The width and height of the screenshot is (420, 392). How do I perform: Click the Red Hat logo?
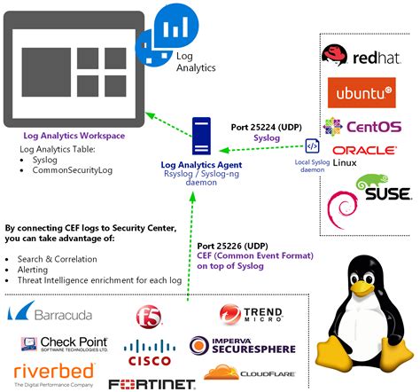pyautogui.click(x=362, y=58)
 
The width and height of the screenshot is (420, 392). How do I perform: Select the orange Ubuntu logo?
pyautogui.click(x=361, y=92)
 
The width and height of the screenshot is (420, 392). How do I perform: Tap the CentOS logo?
pyautogui.click(x=362, y=127)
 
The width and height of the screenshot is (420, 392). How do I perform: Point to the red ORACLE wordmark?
pyautogui.click(x=363, y=151)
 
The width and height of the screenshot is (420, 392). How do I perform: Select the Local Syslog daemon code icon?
pyautogui.click(x=312, y=146)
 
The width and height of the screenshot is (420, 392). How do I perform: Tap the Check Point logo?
pyautogui.click(x=63, y=344)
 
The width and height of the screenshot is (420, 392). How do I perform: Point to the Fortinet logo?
pyautogui.click(x=152, y=384)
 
